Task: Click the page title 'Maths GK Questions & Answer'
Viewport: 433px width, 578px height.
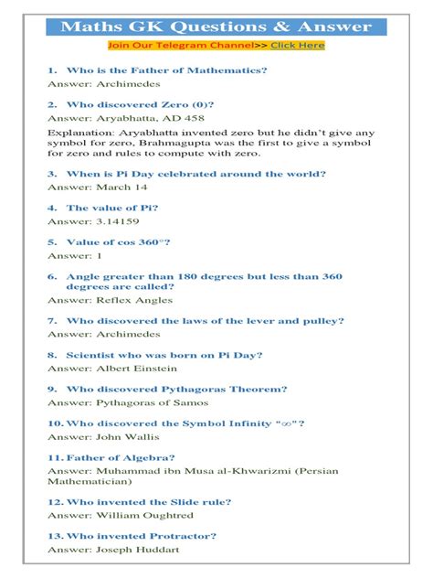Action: pyautogui.click(x=216, y=26)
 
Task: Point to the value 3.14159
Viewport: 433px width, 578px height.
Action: pyautogui.click(x=115, y=221)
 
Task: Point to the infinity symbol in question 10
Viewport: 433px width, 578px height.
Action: pyautogui.click(x=286, y=423)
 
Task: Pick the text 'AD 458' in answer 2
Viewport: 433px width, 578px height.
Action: pyautogui.click(x=178, y=118)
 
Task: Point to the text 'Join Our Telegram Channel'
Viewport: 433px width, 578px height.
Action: pyautogui.click(x=179, y=45)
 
